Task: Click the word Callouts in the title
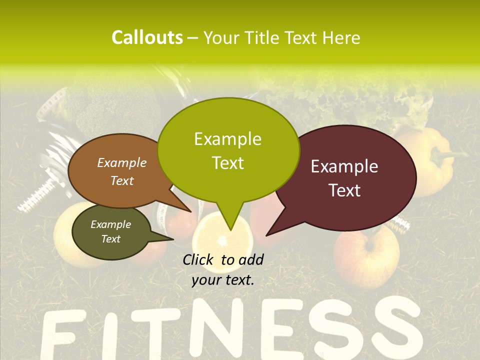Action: (147, 37)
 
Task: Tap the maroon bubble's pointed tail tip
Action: (267, 234)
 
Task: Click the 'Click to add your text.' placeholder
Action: (222, 269)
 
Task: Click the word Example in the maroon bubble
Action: (344, 166)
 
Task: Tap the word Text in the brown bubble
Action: (122, 180)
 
